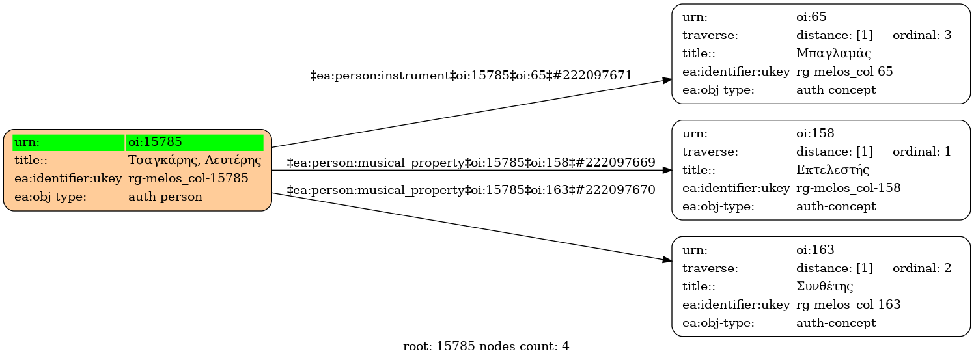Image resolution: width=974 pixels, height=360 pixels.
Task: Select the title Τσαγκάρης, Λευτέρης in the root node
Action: pyautogui.click(x=195, y=160)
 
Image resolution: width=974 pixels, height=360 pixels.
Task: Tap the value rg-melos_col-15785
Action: pyautogui.click(x=188, y=178)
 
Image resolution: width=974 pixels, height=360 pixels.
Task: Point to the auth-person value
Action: pyautogui.click(x=165, y=197)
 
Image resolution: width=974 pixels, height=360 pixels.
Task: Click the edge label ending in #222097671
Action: pyautogui.click(x=471, y=76)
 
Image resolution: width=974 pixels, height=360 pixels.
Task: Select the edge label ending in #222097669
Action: pyautogui.click(x=471, y=163)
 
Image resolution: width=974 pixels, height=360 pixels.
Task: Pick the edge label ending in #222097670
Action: pyautogui.click(x=471, y=190)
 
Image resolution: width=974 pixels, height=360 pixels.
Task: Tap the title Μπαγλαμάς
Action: pyautogui.click(x=833, y=53)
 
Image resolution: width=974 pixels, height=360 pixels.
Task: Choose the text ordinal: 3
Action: pyautogui.click(x=922, y=35)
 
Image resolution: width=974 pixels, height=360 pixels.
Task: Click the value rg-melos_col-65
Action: pyautogui.click(x=844, y=72)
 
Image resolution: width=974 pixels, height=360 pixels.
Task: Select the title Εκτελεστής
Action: pyautogui.click(x=833, y=169)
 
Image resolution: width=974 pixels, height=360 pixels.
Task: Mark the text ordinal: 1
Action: pyautogui.click(x=922, y=152)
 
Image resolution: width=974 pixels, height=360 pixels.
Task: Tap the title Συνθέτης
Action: pyautogui.click(x=824, y=286)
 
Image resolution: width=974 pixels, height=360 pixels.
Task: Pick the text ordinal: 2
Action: pyautogui.click(x=922, y=268)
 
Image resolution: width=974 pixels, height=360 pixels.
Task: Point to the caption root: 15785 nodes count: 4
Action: pyautogui.click(x=486, y=346)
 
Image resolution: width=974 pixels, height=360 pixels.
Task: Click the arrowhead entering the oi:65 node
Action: pyautogui.click(x=667, y=81)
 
